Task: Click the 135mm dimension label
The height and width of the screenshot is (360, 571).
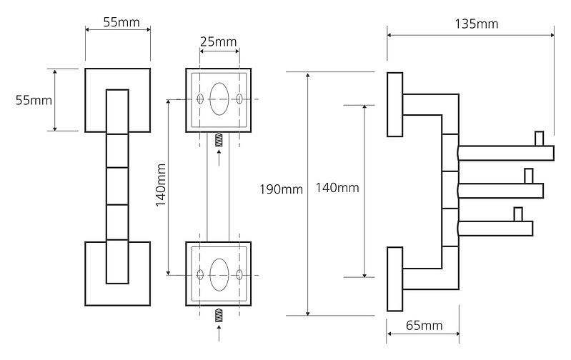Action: tap(476, 24)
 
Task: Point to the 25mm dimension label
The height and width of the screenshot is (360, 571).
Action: tap(218, 41)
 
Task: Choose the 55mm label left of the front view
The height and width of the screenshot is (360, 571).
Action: tap(34, 100)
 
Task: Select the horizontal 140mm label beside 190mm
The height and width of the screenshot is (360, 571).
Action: tap(337, 188)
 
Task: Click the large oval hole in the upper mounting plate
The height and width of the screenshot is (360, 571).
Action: tap(220, 98)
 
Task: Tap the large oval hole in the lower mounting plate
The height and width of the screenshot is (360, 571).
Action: tap(220, 273)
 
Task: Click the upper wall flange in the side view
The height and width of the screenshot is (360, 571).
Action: tap(394, 104)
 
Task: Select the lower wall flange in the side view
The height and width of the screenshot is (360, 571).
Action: tap(394, 279)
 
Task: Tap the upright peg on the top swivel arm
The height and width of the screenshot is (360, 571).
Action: tap(540, 137)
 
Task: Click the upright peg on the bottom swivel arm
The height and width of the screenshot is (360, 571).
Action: tap(517, 214)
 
